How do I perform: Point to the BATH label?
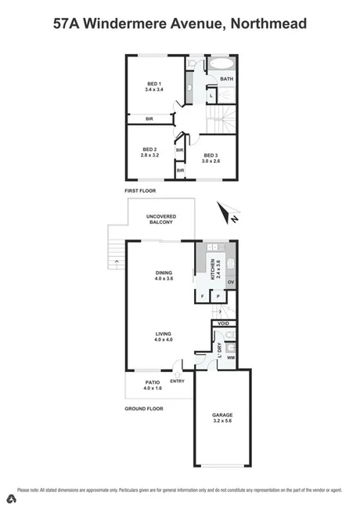[226, 79]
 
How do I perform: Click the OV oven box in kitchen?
[231, 281]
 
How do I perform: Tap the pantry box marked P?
[217, 297]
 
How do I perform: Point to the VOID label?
[223, 323]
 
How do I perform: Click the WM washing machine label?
[230, 358]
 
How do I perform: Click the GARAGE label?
[223, 414]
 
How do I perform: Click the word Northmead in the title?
[268, 24]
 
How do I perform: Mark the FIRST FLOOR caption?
[141, 190]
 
